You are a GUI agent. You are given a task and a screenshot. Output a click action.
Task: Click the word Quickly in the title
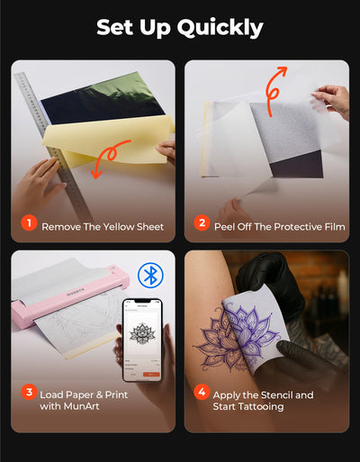pos(220,28)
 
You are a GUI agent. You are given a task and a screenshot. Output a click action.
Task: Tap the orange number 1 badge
pos(29,223)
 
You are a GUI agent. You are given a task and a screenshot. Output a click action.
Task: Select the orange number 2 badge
pos(202,223)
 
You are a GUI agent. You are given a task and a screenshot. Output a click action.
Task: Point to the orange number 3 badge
pos(29,392)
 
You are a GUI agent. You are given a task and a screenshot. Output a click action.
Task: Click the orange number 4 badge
pos(202,392)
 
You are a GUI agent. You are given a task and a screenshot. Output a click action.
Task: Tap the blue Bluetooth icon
pos(150,276)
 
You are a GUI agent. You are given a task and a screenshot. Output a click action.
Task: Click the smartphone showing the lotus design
pos(142,340)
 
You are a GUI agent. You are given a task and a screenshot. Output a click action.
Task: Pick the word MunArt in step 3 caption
pos(81,406)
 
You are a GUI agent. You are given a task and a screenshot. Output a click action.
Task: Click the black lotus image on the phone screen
pos(142,333)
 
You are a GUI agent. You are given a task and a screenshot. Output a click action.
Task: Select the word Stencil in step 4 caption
pos(277,395)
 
